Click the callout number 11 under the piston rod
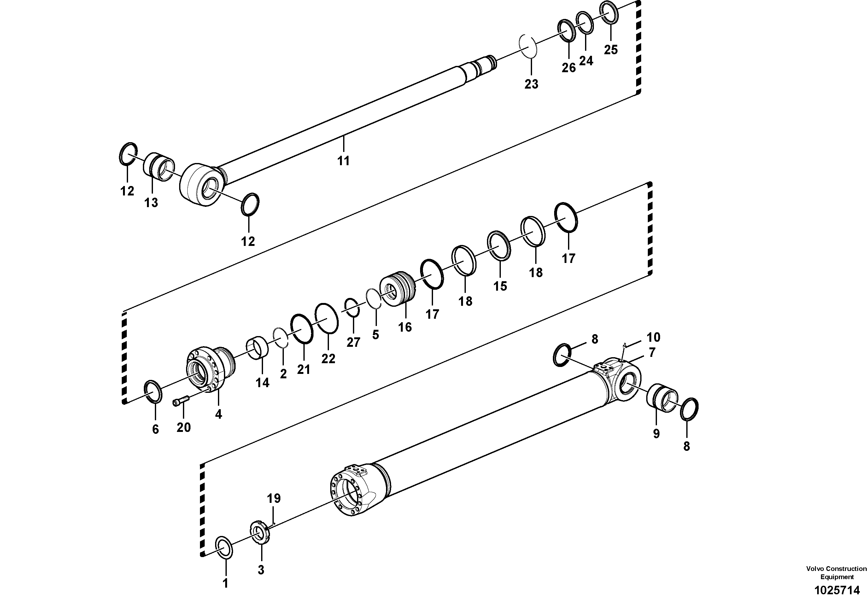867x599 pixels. click(x=343, y=161)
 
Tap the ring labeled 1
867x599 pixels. click(x=225, y=548)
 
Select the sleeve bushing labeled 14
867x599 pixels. click(x=258, y=347)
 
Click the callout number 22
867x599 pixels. click(x=328, y=358)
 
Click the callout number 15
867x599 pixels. click(x=500, y=286)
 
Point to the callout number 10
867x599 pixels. click(x=653, y=337)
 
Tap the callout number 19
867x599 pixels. click(x=274, y=498)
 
